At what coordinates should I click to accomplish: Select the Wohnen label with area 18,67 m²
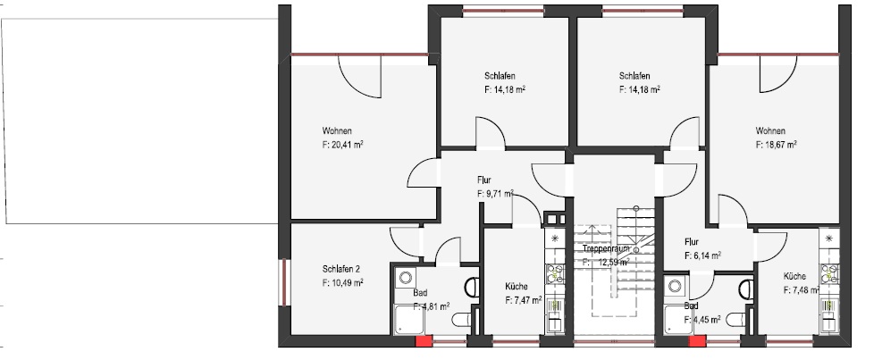click(771, 130)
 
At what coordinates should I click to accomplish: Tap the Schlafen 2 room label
click(341, 268)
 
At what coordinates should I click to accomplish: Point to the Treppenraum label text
click(608, 249)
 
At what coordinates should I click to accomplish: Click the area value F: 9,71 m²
click(495, 193)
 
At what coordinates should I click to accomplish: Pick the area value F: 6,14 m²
click(702, 255)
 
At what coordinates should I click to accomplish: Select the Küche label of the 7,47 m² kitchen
click(516, 287)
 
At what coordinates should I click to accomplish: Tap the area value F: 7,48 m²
click(802, 290)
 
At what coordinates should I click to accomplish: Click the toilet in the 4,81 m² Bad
click(471, 287)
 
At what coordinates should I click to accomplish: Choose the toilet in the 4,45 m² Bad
click(746, 287)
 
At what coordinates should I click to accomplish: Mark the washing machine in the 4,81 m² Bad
click(403, 278)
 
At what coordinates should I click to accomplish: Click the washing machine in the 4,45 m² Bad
click(675, 288)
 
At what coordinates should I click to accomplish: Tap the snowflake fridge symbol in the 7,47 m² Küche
click(554, 239)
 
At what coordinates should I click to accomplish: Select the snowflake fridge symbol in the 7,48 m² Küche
click(830, 239)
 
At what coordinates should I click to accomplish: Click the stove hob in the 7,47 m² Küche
click(554, 272)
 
